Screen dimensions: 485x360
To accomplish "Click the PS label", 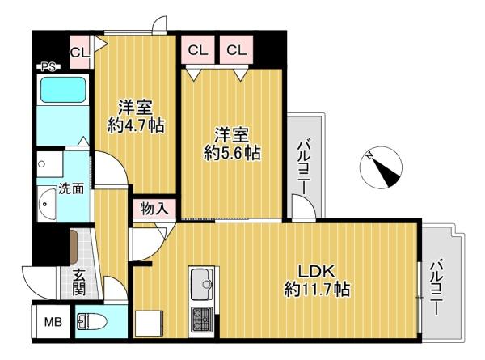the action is [x=48, y=66].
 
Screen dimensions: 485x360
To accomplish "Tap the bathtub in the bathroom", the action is [x=63, y=90].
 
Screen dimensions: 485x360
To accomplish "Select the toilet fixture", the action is [x=91, y=322].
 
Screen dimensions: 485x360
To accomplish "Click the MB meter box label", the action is [x=53, y=322].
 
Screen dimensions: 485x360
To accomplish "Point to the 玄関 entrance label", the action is [x=79, y=282].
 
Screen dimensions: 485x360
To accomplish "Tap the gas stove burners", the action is [x=201, y=319].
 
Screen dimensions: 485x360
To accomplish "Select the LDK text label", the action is [x=316, y=272].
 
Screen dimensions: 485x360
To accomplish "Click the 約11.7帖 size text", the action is [x=317, y=290].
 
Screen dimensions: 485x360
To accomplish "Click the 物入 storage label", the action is [x=154, y=209].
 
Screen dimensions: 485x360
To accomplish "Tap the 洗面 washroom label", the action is [x=71, y=188].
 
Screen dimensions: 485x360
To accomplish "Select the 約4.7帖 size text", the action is [x=136, y=125].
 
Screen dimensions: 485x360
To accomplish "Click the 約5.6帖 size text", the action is [x=232, y=153].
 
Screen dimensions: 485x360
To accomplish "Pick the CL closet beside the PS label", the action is [x=80, y=52].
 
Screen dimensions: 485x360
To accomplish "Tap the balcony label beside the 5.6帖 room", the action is [x=304, y=167].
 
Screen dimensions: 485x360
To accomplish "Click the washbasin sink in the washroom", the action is [x=47, y=204].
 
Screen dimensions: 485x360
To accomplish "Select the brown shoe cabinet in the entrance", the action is [x=74, y=247].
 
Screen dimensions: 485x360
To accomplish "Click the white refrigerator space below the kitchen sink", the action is [x=149, y=324].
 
